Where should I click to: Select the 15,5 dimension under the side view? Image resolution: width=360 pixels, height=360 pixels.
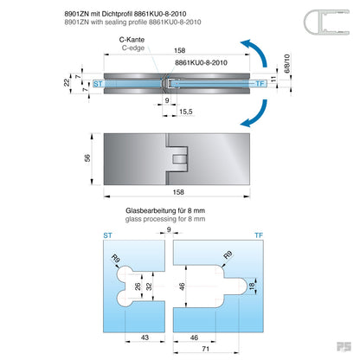click(x=185, y=112)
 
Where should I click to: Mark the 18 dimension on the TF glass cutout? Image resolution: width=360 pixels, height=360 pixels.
click(x=252, y=286)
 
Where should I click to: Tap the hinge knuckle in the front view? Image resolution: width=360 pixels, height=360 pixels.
click(x=179, y=159)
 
